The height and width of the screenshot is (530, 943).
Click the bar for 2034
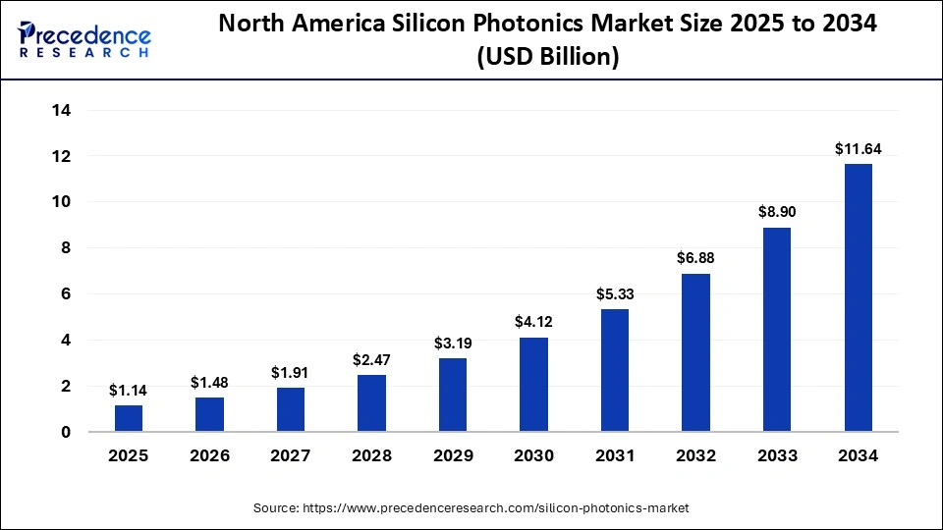[858, 297]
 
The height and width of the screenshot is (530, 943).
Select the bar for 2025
[129, 418]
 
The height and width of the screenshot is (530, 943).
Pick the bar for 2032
[695, 352]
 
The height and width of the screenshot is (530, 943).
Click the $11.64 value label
[858, 149]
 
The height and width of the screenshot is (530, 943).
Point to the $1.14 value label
[129, 391]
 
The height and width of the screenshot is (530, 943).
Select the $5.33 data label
[615, 294]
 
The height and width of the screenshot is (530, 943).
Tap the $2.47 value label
[371, 360]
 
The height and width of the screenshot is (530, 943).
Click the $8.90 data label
[777, 212]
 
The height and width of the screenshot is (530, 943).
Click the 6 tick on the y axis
[65, 294]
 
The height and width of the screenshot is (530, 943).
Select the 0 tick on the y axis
[65, 432]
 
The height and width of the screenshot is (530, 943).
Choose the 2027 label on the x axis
[291, 455]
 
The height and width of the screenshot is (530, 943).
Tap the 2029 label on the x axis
[453, 455]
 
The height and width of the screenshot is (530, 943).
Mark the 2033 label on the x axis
[777, 455]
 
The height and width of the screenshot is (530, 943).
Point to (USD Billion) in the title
[547, 58]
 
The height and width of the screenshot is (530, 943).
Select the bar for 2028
[371, 402]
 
